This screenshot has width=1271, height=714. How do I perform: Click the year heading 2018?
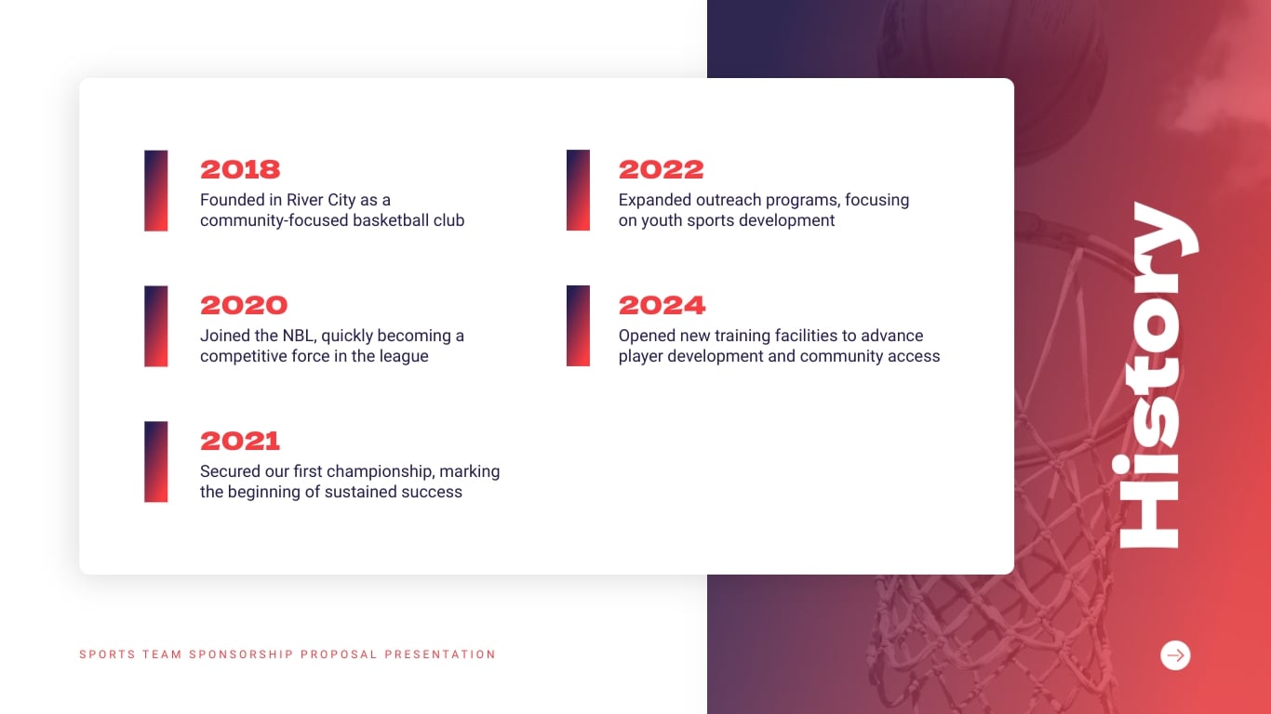point(240,169)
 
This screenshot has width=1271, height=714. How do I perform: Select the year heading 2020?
point(244,305)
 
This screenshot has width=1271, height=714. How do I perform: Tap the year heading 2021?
point(240,441)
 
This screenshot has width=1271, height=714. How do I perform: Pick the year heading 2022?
point(662,169)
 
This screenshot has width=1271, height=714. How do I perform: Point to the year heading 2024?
point(662,305)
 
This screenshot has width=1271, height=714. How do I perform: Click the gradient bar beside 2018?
point(156,191)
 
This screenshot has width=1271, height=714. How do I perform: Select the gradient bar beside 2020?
point(156,326)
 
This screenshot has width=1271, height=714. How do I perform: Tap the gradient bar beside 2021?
point(156,462)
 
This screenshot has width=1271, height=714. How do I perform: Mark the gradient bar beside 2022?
point(578,191)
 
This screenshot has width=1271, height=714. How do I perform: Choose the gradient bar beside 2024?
point(578,326)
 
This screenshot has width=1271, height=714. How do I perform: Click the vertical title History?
point(1157,376)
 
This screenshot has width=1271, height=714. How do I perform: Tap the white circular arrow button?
point(1175,655)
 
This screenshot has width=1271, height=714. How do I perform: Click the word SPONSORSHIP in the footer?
point(241,654)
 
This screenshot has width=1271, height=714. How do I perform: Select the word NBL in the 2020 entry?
point(299,336)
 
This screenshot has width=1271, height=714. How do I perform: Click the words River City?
point(321,200)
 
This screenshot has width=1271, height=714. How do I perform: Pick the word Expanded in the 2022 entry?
point(655,200)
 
